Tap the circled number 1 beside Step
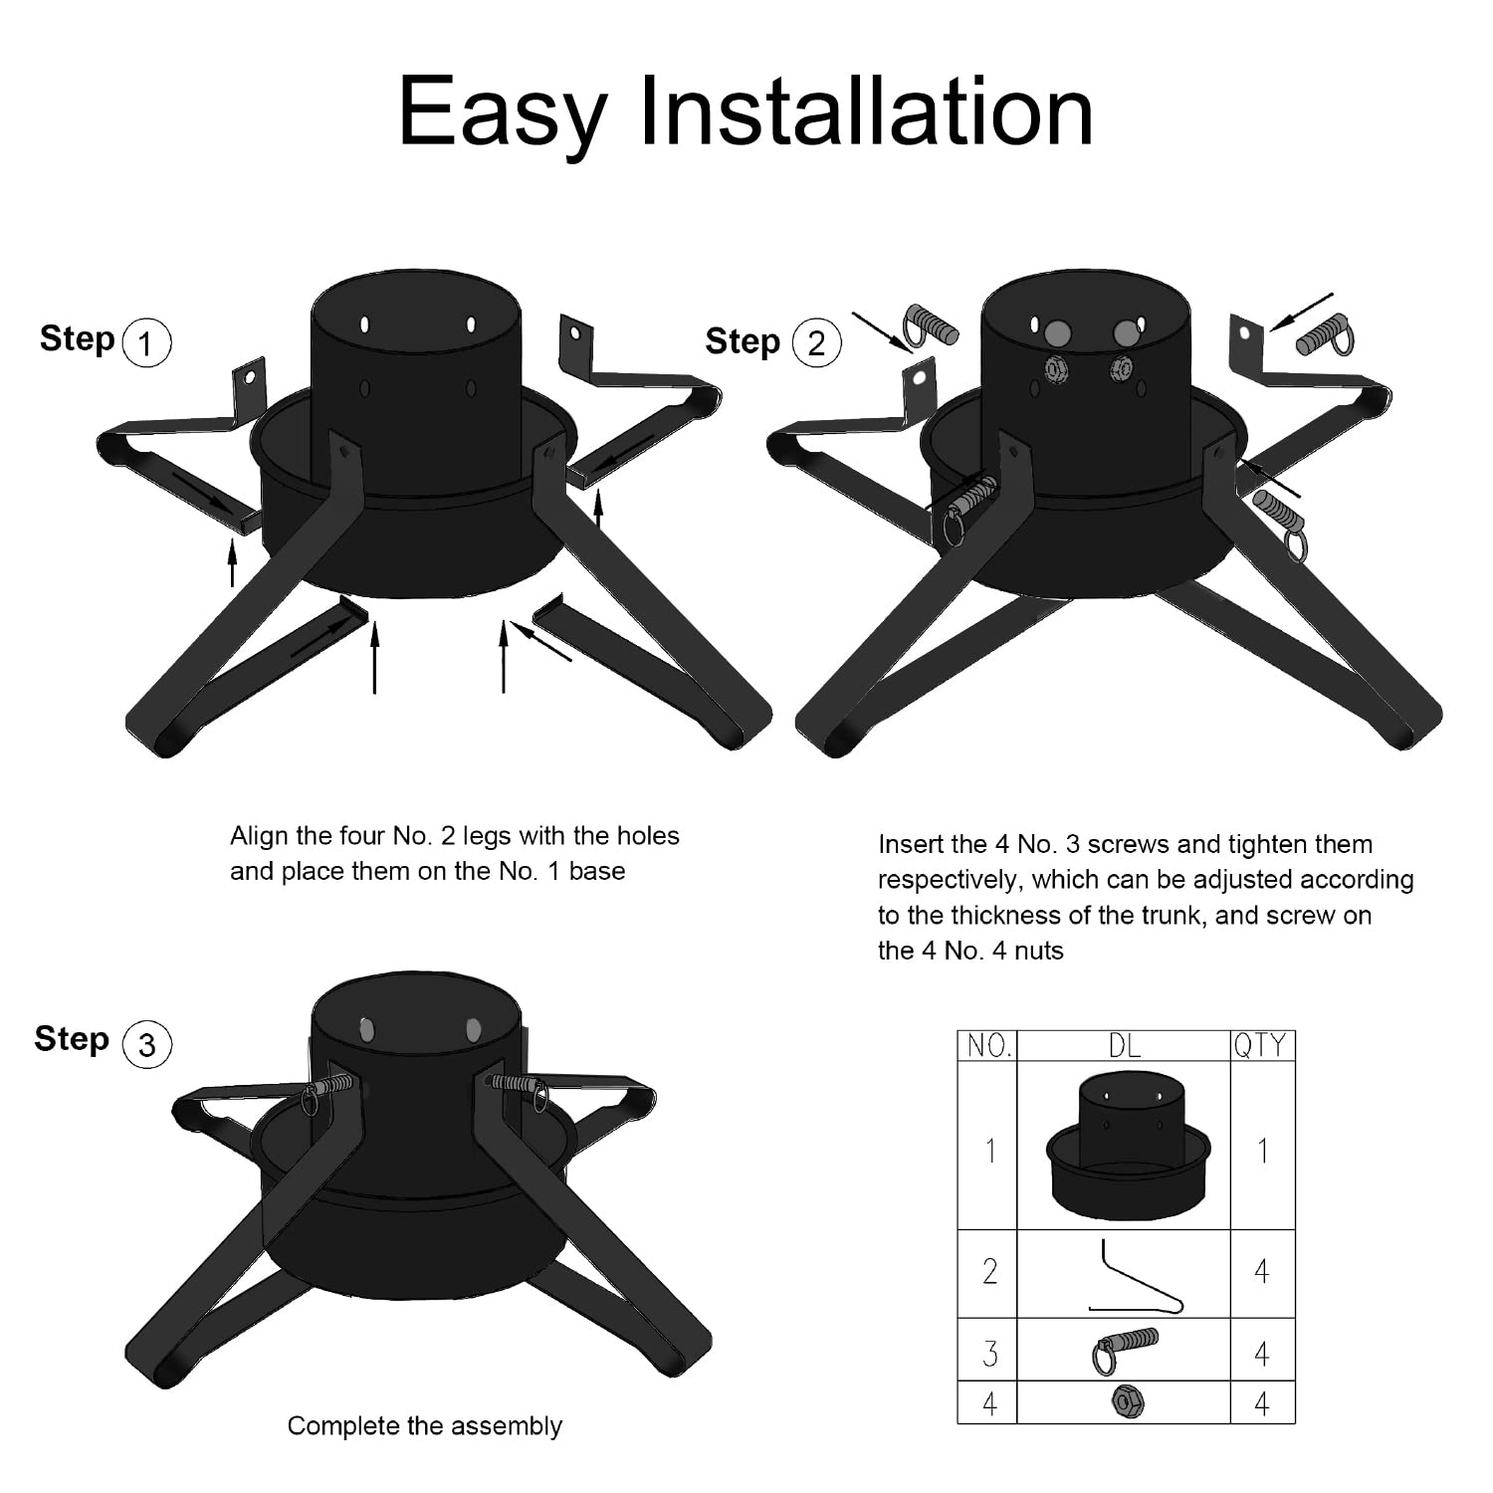click(x=146, y=343)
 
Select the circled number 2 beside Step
click(x=816, y=343)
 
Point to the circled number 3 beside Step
click(x=146, y=1044)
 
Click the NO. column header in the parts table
click(x=987, y=1045)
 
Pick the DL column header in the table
click(x=1124, y=1045)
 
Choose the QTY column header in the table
click(x=1262, y=1045)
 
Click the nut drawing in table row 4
click(x=1128, y=1402)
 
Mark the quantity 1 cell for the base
click(x=1262, y=1151)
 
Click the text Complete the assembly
click(x=424, y=1426)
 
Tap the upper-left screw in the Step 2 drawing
click(x=931, y=324)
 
